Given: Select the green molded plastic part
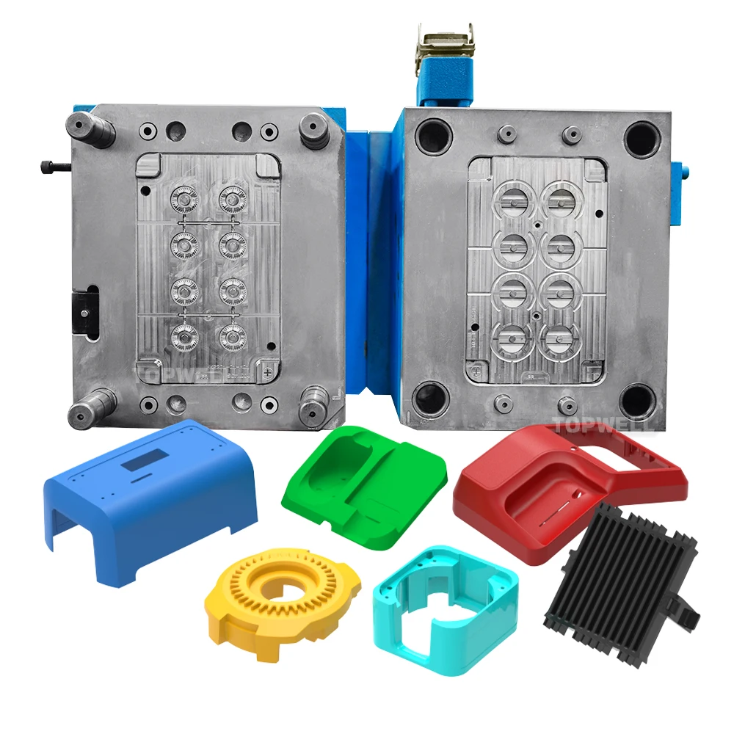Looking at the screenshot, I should click(367, 484).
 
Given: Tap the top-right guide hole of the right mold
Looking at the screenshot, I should click(642, 138).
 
